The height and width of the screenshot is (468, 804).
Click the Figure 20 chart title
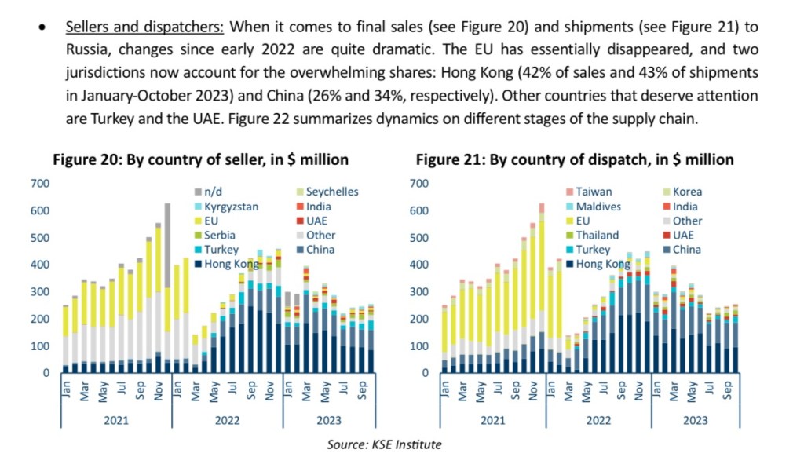pyautogui.click(x=201, y=159)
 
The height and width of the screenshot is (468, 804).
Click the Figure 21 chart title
pyautogui.click(x=575, y=159)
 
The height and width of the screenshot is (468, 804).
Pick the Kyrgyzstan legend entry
pyautogui.click(x=232, y=207)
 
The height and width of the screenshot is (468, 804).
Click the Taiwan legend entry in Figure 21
pyautogui.click(x=594, y=192)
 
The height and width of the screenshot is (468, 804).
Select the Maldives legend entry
pyautogui.click(x=598, y=207)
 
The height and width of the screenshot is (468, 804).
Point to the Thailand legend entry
pyautogui.click(x=597, y=235)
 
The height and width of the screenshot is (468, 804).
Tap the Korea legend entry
pyautogui.click(x=687, y=192)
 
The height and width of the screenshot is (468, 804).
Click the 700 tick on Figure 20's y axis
pyautogui.click(x=40, y=183)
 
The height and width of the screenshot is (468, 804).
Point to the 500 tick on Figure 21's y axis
pyautogui.click(x=420, y=237)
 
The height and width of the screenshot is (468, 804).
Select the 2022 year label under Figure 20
pyautogui.click(x=227, y=420)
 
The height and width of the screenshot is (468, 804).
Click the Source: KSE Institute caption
pyautogui.click(x=384, y=444)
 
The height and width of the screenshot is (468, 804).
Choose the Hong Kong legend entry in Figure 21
pyautogui.click(x=603, y=264)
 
